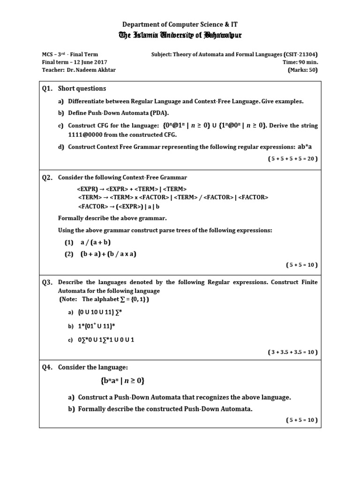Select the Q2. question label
(x=47, y=178)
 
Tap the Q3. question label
(x=47, y=282)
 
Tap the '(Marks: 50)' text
(x=302, y=70)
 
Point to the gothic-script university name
(x=180, y=35)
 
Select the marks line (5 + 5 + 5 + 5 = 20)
(x=293, y=158)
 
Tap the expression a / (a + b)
(x=95, y=242)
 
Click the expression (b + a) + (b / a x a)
(x=108, y=254)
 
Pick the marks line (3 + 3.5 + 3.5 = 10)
(x=293, y=352)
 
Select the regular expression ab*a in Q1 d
(x=305, y=147)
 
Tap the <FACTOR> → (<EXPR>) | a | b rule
(x=119, y=206)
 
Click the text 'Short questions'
(x=82, y=89)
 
